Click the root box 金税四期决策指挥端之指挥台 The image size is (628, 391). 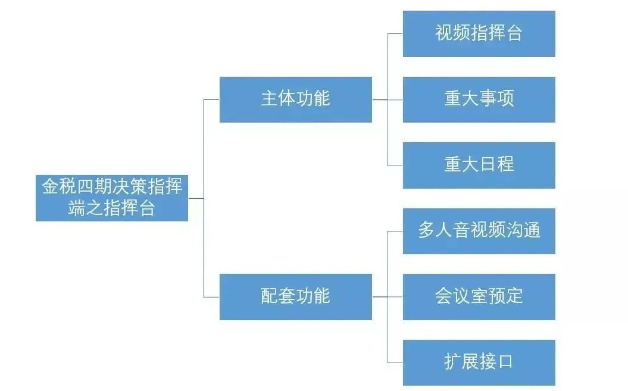(x=112, y=198)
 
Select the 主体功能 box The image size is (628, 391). (x=296, y=99)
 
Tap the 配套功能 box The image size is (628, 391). (x=296, y=297)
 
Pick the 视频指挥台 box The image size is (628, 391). (x=479, y=34)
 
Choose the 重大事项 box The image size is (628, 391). (x=479, y=99)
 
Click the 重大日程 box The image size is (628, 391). (x=479, y=165)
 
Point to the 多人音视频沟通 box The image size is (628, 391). (x=479, y=231)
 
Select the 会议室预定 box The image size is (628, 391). (x=479, y=297)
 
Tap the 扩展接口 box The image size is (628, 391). (x=479, y=362)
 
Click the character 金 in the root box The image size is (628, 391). (x=51, y=186)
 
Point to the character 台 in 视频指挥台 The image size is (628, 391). (x=514, y=33)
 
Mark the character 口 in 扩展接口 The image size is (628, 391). (x=505, y=362)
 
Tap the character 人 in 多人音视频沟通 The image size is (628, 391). (x=443, y=230)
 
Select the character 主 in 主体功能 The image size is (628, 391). (x=270, y=99)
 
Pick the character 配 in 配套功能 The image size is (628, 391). (x=270, y=296)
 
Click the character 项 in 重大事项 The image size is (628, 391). (x=505, y=99)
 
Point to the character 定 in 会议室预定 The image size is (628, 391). (x=514, y=296)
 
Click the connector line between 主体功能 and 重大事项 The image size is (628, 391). (x=388, y=99)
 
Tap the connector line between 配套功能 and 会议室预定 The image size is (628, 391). (x=388, y=297)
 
